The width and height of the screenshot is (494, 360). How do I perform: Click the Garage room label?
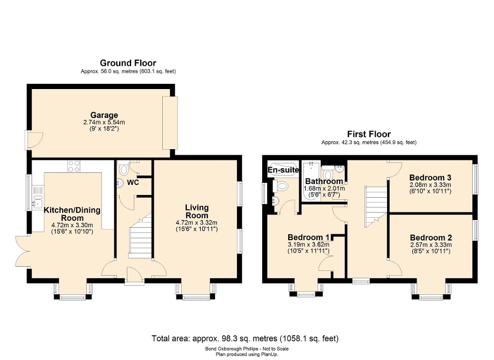[104, 115]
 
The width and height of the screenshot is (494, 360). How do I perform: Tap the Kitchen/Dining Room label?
[72, 214]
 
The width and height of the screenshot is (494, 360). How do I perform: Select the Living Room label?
[196, 211]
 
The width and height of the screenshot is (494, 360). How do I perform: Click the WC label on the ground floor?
[132, 182]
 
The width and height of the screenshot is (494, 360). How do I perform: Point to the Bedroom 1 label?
[309, 237]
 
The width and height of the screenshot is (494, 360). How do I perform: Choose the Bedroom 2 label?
[431, 237]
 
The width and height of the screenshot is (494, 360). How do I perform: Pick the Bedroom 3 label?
[430, 177]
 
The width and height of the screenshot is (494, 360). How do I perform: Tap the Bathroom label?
[324, 181]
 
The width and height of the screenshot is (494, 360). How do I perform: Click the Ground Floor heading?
[128, 63]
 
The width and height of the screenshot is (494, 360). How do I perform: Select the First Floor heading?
[369, 134]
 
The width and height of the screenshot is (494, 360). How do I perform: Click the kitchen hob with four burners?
[74, 166]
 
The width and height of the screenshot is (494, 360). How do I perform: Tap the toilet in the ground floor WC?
[124, 170]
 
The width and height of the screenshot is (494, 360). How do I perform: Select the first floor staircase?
[376, 205]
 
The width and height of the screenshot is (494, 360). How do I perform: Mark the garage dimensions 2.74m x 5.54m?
[104, 122]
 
